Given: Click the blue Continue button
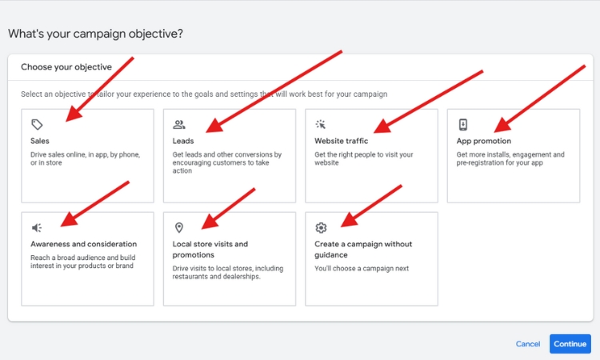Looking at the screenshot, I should coord(570,344).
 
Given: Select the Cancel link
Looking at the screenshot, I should coord(528,344).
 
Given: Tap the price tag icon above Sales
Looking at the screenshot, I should coord(37,125).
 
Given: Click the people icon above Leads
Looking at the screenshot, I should coord(178,125).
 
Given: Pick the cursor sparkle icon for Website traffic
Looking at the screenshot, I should coord(321,125).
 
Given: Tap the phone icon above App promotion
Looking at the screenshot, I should coord(462,125).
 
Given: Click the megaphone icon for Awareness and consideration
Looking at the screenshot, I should coord(37,228).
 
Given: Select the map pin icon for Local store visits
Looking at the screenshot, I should coord(178,228).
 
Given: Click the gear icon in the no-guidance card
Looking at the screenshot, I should coord(321,228).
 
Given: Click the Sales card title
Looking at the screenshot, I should coord(40,142).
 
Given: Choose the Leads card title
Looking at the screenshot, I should coord(183,142).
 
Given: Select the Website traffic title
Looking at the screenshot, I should coord(341,142).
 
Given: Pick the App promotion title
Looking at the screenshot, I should coord(482,142).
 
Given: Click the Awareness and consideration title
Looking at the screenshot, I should coord(83,244).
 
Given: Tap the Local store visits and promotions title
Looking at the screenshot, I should coord(210,249).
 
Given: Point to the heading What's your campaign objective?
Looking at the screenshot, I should coord(95,34).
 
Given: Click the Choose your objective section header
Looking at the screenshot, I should coord(66,67).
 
